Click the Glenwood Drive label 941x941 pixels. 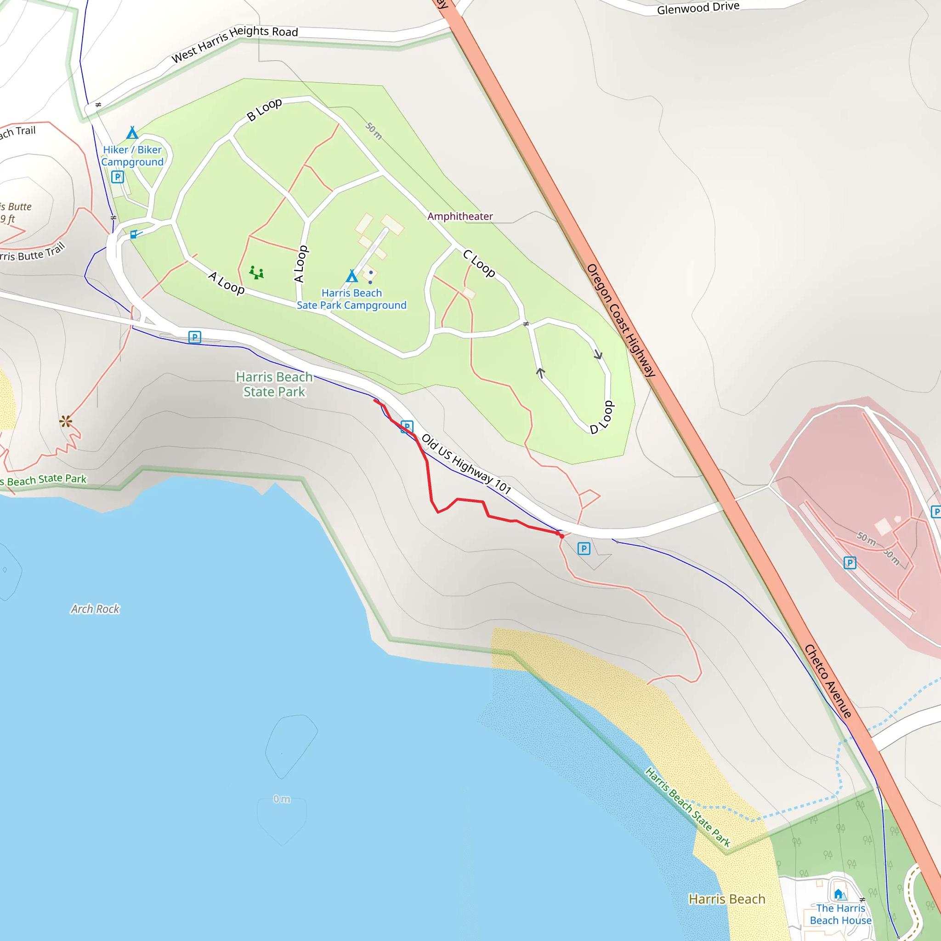point(697,8)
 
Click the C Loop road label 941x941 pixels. point(479,263)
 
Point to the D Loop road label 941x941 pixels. point(602,417)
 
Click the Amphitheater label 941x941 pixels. point(460,216)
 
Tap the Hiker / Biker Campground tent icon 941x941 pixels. point(132,133)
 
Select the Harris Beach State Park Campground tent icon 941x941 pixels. point(351,277)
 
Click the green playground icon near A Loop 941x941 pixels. point(256,272)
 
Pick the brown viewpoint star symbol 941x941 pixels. point(66,421)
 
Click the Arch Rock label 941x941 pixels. point(95,609)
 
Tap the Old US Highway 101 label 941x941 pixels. point(465,464)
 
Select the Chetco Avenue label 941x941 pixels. point(828,681)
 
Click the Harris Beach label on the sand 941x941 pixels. point(727,899)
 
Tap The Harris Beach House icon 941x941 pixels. point(839,894)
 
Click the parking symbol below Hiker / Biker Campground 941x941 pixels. point(117,177)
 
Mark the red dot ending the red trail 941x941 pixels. point(561,536)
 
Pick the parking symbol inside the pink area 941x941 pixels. point(850,563)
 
